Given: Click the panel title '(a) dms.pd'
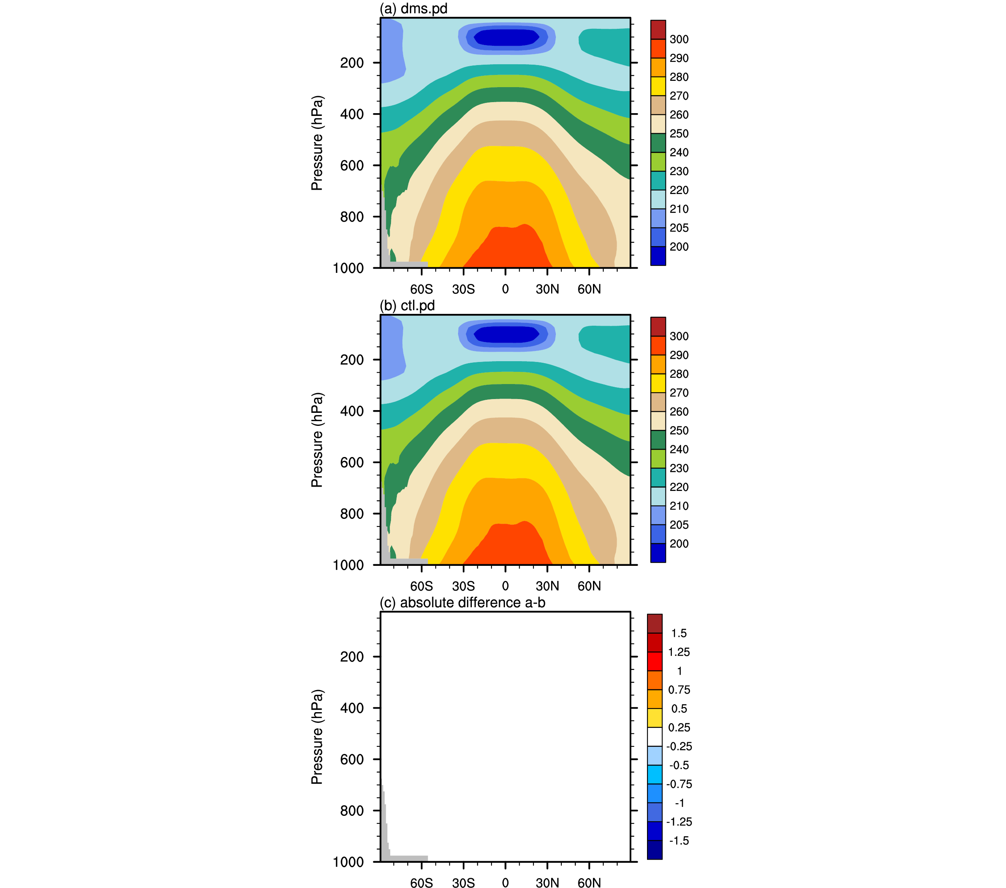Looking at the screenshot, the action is pyautogui.click(x=413, y=8).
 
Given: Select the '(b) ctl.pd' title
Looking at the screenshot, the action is pyautogui.click(x=407, y=306).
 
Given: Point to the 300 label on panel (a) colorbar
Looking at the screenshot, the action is pyautogui.click(x=679, y=39).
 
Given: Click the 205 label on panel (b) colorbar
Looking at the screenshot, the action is pyautogui.click(x=679, y=525).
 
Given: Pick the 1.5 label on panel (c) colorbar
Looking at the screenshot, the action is pyautogui.click(x=679, y=633).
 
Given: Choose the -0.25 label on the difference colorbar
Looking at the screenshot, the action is pyautogui.click(x=679, y=746).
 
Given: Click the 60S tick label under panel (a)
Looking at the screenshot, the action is pyautogui.click(x=421, y=289).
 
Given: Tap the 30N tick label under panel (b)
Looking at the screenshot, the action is pyautogui.click(x=547, y=586).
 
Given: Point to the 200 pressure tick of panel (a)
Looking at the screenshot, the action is pyautogui.click(x=352, y=63).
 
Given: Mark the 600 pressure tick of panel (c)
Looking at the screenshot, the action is pyautogui.click(x=352, y=759).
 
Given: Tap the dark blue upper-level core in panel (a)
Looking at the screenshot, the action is pyautogui.click(x=506, y=37).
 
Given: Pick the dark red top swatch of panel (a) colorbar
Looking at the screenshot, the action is pyautogui.click(x=658, y=30).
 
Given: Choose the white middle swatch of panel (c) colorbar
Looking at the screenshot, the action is pyautogui.click(x=654, y=737).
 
